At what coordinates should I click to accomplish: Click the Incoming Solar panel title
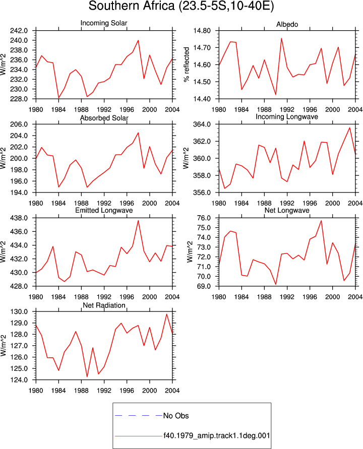pos(104,23)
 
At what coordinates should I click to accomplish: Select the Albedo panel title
pos(287,24)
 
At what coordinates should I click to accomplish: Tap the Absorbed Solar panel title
pos(104,118)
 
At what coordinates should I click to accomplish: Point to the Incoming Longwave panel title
pos(287,117)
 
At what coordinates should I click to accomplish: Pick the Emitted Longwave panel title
pos(104,211)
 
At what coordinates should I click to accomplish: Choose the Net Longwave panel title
pos(287,211)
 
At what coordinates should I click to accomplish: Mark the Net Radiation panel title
pos(104,305)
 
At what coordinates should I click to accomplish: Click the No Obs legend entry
pos(176,416)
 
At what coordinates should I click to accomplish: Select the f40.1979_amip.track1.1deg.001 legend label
pos(217,436)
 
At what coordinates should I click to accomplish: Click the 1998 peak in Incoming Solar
pos(138,40)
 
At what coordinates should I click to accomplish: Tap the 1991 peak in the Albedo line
pos(281,38)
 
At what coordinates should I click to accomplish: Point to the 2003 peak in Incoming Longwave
pos(349,127)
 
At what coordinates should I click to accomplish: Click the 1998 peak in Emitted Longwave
pos(138,221)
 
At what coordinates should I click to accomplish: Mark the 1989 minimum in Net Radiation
pos(87,376)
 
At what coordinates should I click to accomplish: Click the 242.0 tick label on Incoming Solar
pos(19,31)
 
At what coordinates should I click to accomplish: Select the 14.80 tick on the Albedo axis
pos(202,31)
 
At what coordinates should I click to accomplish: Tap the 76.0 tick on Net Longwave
pos(204,218)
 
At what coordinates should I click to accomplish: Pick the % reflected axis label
pos(187,65)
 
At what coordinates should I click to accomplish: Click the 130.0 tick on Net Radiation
pos(19,311)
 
